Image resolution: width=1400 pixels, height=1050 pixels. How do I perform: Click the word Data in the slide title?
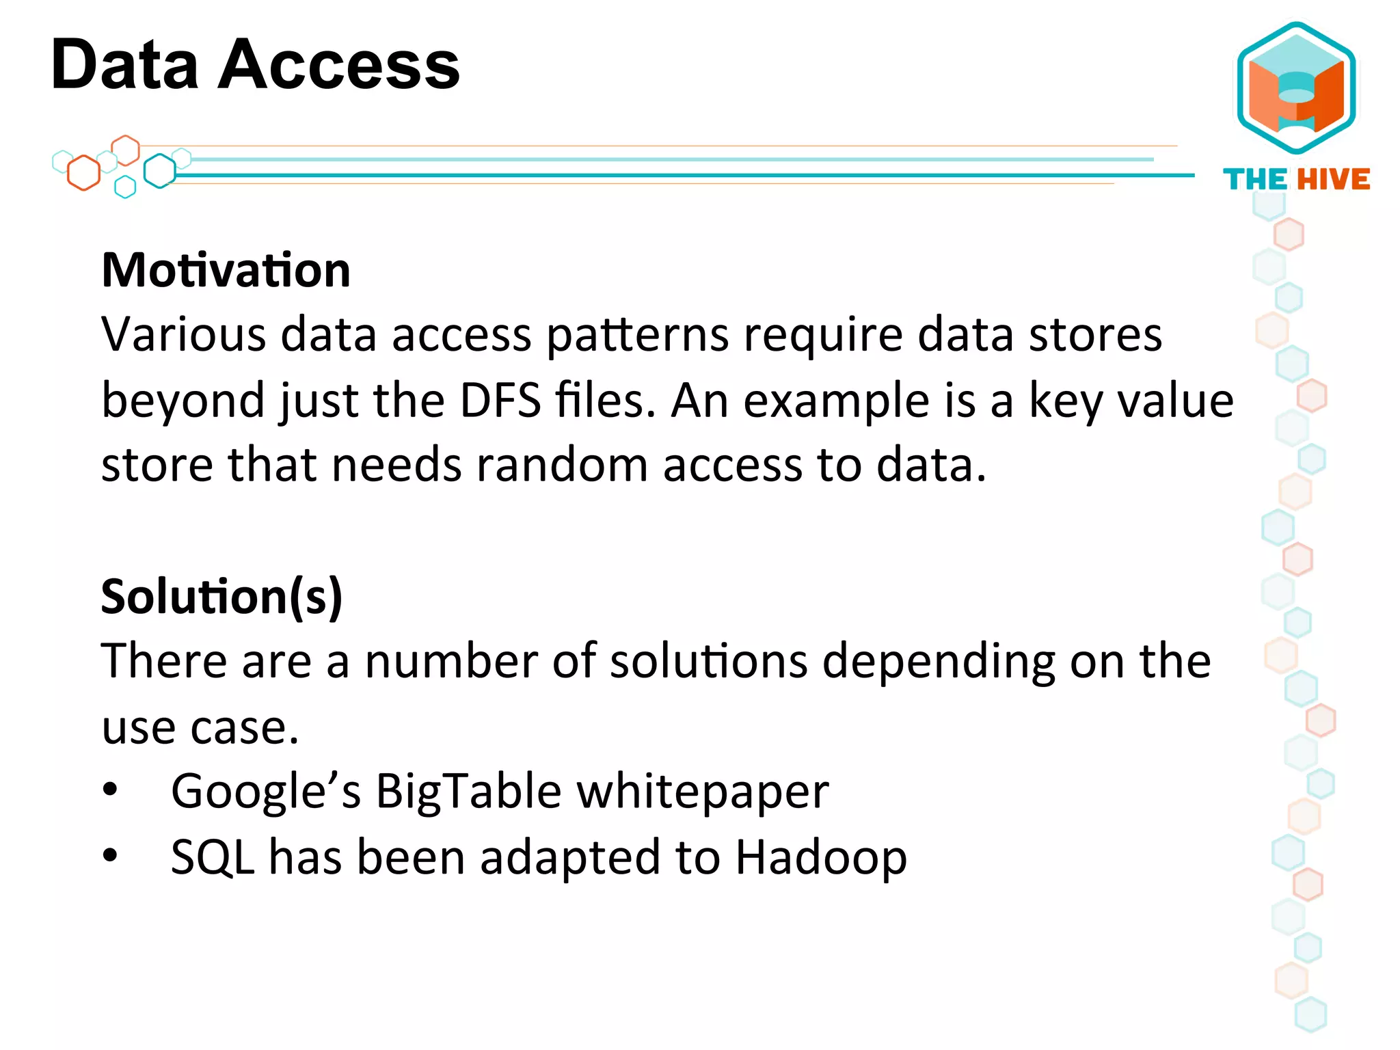click(x=124, y=65)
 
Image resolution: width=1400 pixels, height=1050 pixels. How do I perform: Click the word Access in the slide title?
click(x=339, y=65)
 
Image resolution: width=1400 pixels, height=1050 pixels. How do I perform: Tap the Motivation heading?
click(x=226, y=270)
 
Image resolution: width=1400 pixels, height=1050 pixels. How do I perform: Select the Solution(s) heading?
click(x=221, y=596)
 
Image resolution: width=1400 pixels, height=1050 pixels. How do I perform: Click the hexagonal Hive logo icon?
click(x=1296, y=89)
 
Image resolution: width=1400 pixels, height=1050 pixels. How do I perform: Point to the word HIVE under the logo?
click(x=1333, y=180)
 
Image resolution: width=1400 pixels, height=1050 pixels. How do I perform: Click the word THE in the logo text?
click(x=1255, y=180)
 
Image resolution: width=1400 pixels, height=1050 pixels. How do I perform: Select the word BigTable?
click(x=469, y=792)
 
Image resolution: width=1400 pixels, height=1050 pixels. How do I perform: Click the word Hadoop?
click(x=821, y=857)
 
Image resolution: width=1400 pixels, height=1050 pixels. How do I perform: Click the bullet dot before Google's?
click(x=110, y=791)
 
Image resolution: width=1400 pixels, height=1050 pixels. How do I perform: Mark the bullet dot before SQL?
click(x=110, y=856)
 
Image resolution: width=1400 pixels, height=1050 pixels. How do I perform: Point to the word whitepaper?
click(x=703, y=792)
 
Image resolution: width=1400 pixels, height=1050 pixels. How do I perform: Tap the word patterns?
click(x=638, y=336)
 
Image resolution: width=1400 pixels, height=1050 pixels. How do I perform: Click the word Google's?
click(x=266, y=792)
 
